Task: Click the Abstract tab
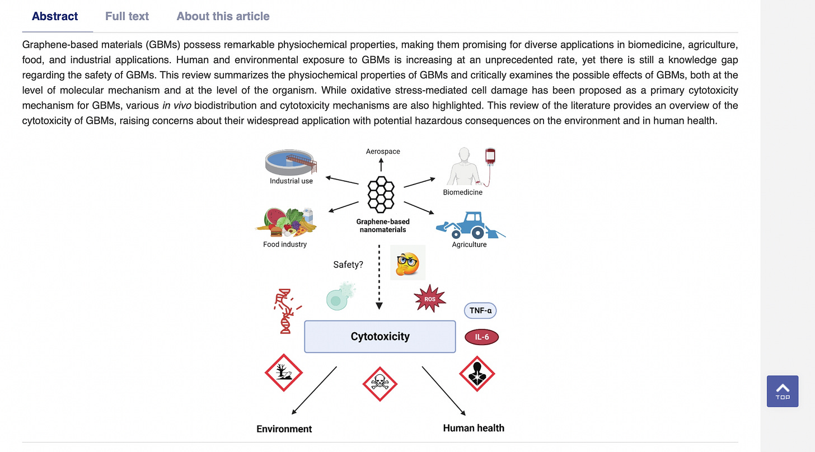[55, 16]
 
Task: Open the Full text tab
[127, 16]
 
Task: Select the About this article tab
[223, 16]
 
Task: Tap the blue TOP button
[782, 391]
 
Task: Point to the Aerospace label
[383, 151]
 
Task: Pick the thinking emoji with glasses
[407, 262]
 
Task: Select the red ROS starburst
[430, 299]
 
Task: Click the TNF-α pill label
[480, 309]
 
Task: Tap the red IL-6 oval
[481, 337]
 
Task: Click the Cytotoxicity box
[380, 336]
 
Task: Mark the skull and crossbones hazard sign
[380, 384]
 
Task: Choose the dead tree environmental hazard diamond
[283, 372]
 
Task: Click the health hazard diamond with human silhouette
[477, 373]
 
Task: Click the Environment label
[284, 429]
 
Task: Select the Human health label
[474, 428]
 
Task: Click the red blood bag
[491, 157]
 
